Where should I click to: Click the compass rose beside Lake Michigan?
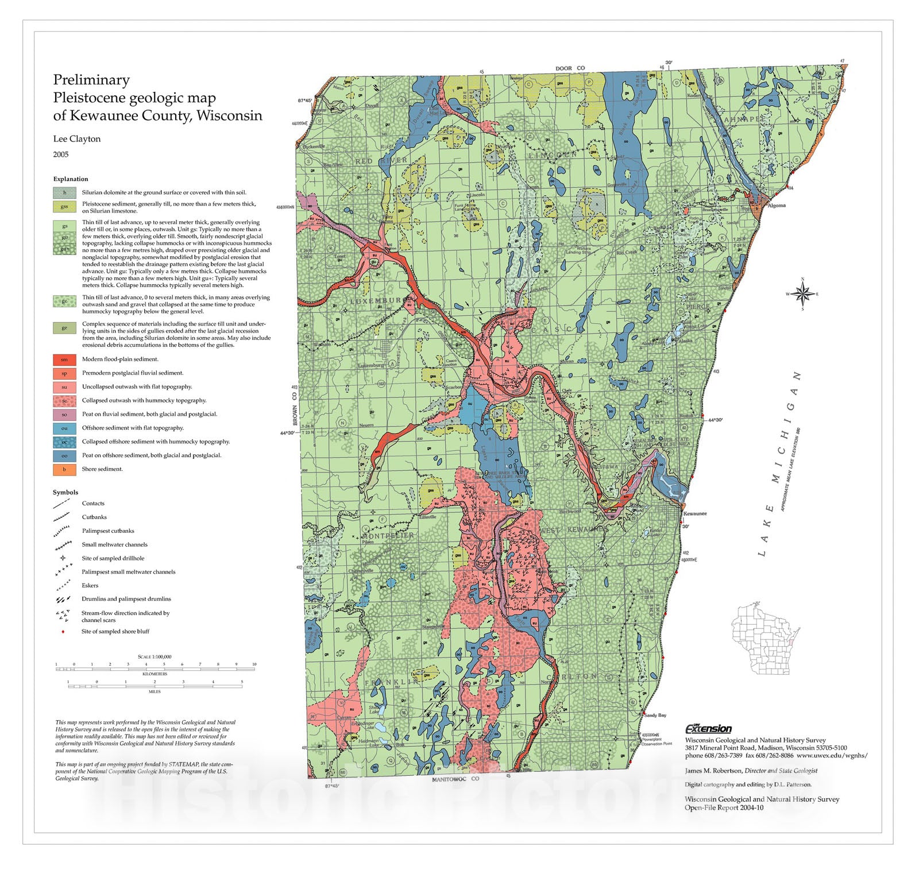point(802,293)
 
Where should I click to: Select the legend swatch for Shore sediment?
point(64,469)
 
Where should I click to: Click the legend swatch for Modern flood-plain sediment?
point(64,359)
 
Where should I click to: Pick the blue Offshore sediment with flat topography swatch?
point(64,428)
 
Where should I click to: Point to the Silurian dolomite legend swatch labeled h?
point(64,193)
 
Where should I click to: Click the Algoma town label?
point(777,205)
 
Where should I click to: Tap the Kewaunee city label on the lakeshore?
point(695,513)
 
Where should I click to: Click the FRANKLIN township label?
point(392,682)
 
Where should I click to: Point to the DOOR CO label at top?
point(570,68)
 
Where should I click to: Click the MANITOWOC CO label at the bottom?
point(455,779)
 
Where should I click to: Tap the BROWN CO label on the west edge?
point(295,404)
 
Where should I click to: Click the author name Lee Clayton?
point(77,139)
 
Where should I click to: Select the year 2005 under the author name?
point(61,154)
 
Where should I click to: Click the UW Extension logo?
point(708,729)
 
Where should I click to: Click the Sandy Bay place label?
point(655,715)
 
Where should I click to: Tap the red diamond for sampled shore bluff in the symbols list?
point(63,632)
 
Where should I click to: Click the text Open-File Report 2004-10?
point(724,807)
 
